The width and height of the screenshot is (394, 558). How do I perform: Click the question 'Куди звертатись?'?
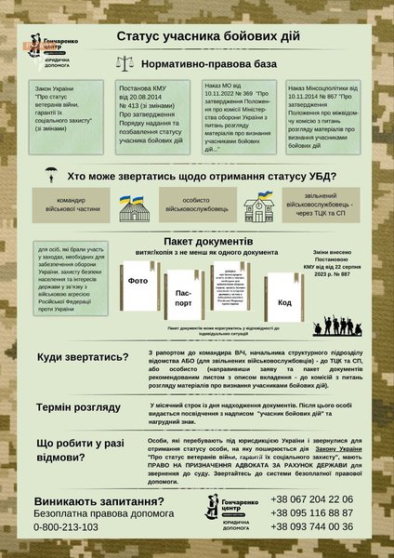pos(84,358)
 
